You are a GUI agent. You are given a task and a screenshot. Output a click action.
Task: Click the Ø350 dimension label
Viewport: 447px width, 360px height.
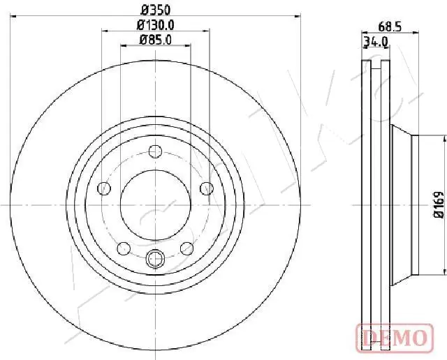[x=156, y=10]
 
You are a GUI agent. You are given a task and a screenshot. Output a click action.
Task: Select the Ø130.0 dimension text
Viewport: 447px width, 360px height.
[x=156, y=25]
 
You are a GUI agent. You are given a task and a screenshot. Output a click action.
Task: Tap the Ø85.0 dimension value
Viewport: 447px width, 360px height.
[x=156, y=40]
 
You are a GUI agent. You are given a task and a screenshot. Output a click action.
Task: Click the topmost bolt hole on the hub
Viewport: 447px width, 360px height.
[x=156, y=151]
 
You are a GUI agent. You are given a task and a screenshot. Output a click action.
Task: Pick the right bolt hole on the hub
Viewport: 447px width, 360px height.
[x=207, y=188]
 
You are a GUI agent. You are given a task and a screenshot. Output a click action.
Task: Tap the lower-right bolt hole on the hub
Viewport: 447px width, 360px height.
[x=187, y=248]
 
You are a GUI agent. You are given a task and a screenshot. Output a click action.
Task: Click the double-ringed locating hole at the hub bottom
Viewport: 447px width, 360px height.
[x=156, y=260]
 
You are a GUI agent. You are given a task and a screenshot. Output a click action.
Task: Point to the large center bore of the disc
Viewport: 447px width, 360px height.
[x=156, y=204]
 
